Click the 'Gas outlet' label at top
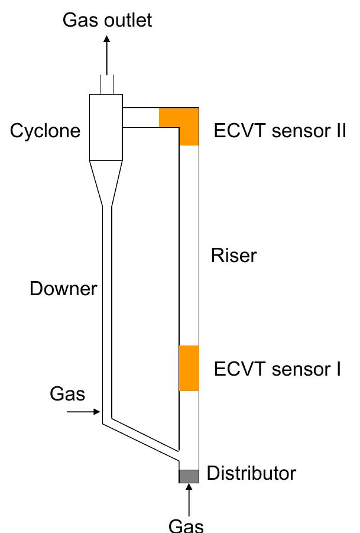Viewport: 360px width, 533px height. pyautogui.click(x=107, y=20)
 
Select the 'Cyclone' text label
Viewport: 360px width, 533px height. pyautogui.click(x=45, y=131)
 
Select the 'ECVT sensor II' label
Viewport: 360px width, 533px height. pyautogui.click(x=280, y=131)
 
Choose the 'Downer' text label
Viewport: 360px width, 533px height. pyautogui.click(x=63, y=289)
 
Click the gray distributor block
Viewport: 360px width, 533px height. pyautogui.click(x=189, y=476)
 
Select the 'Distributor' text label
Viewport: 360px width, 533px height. pyautogui.click(x=251, y=473)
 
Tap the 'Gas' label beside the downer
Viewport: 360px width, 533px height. pyautogui.click(x=67, y=393)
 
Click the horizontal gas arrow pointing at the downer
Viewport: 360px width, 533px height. pyautogui.click(x=83, y=412)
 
